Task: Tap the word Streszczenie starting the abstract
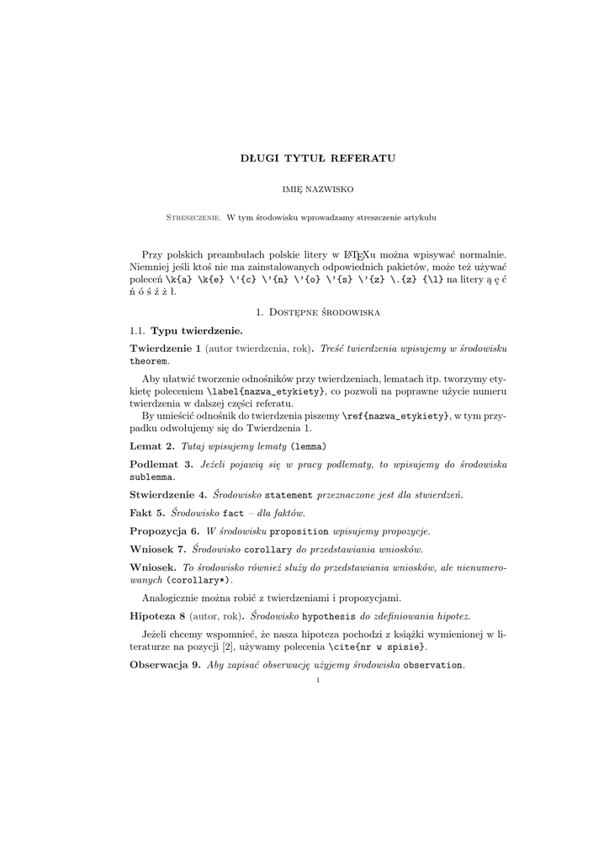click(193, 218)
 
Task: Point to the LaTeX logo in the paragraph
click(357, 255)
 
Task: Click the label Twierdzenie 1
click(166, 348)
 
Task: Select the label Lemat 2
click(152, 445)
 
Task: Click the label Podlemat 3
click(162, 465)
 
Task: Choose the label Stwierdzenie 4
click(168, 494)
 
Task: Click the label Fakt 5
click(147, 513)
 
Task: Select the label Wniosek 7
click(158, 550)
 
